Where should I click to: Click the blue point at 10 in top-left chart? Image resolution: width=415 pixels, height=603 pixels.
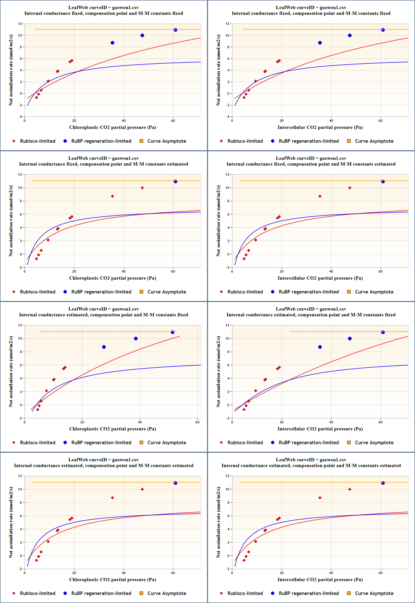coord(142,36)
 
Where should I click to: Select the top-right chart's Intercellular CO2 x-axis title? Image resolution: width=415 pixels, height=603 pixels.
coord(320,127)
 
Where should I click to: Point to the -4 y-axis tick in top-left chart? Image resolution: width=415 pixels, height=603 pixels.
coord(20,117)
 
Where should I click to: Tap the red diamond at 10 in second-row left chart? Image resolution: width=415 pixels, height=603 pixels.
coord(142,188)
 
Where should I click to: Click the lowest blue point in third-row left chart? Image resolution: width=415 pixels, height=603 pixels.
coord(104,347)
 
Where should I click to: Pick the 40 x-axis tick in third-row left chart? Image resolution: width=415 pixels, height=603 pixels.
coord(140,422)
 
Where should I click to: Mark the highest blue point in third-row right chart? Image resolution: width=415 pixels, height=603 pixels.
coord(383,332)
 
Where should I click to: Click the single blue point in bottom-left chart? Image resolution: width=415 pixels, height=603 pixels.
coord(176,483)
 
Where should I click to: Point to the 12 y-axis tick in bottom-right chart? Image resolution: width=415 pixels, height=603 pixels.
coord(228,476)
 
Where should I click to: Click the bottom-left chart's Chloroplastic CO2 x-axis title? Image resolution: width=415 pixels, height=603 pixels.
coord(112,579)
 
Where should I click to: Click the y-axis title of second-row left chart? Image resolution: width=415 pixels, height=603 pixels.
coord(11,221)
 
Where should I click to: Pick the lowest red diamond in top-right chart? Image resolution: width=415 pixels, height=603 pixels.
coord(244,97)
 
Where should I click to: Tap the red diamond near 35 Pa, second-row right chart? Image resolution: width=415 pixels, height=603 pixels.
coord(320,196)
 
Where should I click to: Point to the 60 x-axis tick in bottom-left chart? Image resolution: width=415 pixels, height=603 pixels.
coord(173,573)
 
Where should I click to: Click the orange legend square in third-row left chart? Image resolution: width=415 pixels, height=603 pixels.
coord(141,442)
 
